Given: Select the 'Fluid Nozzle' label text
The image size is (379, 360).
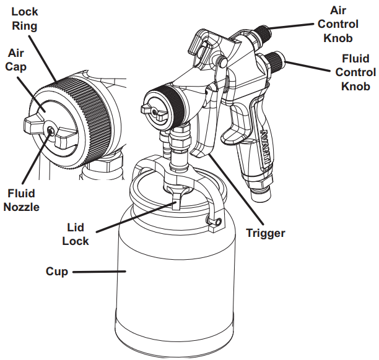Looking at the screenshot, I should click(x=21, y=199).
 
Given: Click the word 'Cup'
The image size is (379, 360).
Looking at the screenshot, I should click(x=56, y=271).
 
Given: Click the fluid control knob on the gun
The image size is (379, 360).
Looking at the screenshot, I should click(x=274, y=63).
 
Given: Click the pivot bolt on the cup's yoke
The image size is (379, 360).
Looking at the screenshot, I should click(x=212, y=221).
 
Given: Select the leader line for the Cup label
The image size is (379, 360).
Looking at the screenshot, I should click(x=99, y=271).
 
